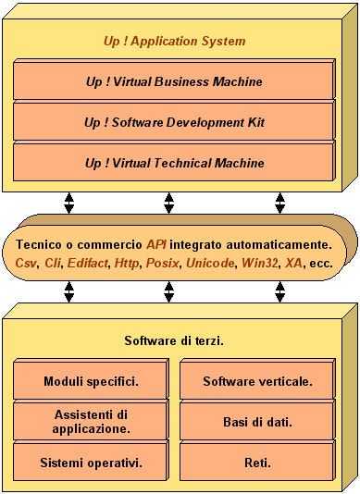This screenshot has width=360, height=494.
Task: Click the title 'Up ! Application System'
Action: coord(173,42)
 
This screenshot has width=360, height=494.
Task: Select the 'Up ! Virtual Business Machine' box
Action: coord(173,81)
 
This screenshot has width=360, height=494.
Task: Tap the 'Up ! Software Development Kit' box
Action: coord(173,122)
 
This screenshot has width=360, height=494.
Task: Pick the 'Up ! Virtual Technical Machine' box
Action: coord(173,163)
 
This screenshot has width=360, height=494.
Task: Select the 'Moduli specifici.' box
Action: coord(91,381)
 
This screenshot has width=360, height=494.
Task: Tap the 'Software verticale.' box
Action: coord(257,381)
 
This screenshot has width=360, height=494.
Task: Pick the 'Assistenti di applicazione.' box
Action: coord(91,421)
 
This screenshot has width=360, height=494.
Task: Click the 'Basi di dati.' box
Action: coord(257,422)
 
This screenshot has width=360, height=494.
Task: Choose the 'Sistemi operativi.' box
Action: coord(91,462)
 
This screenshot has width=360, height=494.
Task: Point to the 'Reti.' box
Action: coord(257,462)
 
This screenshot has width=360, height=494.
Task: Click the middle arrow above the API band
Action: coord(168,203)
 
